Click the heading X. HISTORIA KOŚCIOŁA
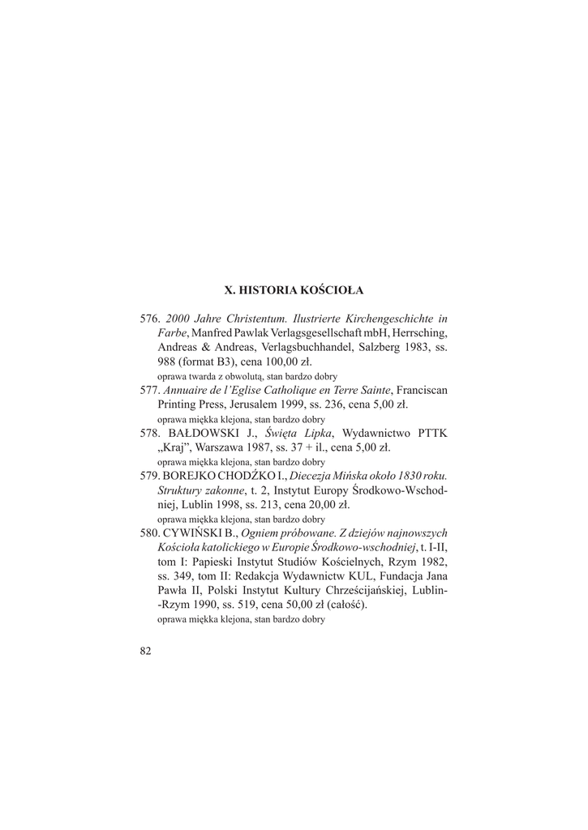pos(294,289)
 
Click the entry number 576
pos(150,319)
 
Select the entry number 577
pos(150,390)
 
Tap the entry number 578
pos(150,433)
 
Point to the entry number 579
pos(150,476)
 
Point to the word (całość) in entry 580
pos(345,604)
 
